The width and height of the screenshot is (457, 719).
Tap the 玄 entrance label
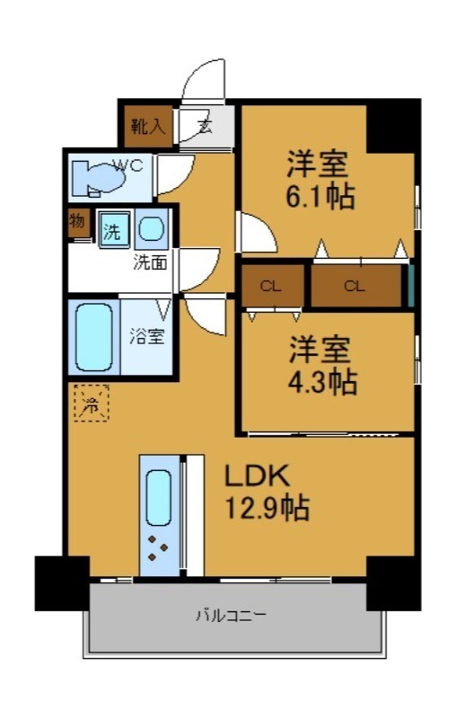[x=205, y=126]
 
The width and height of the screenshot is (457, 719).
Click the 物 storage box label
[x=77, y=222]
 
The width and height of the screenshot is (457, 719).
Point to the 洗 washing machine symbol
[x=112, y=231]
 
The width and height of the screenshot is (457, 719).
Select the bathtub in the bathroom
[x=94, y=338]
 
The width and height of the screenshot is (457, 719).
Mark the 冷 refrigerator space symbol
[x=90, y=403]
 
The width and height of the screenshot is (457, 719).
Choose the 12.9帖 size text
[x=267, y=509]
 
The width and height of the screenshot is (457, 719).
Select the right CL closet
[x=355, y=287]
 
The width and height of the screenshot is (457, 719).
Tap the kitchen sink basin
[x=159, y=496]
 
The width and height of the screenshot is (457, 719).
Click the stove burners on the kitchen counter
[x=158, y=547]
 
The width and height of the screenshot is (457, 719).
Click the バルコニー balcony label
[x=231, y=616]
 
